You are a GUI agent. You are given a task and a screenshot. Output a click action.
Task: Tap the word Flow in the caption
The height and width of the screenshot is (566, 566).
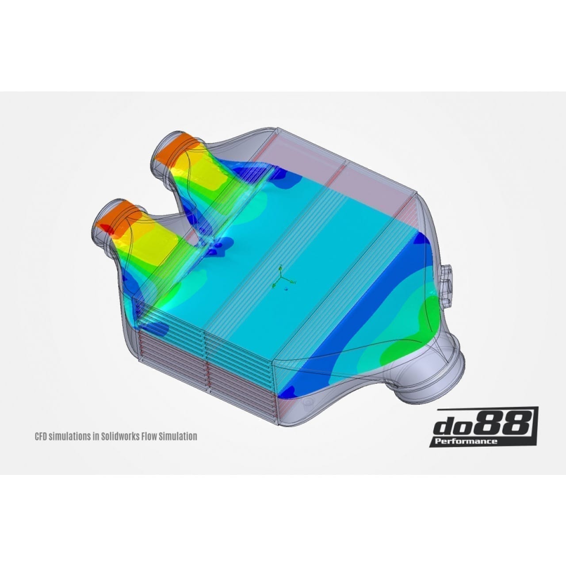point(149,436)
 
